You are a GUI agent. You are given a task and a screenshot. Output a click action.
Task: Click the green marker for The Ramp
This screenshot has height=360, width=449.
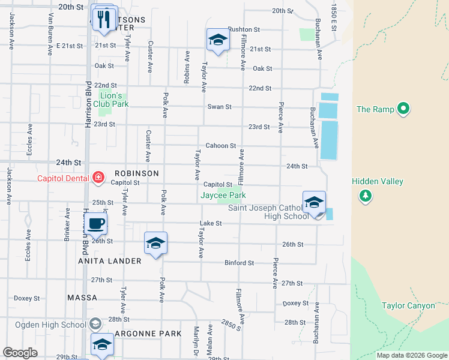(403, 109)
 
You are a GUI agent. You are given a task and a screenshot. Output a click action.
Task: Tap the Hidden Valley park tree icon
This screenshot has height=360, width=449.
(364, 196)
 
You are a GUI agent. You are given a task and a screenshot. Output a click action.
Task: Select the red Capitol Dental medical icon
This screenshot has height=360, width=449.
(98, 178)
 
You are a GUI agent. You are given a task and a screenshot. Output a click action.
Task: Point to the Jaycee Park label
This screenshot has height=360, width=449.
(223, 195)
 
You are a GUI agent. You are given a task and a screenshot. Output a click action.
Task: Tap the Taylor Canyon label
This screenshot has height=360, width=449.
(408, 306)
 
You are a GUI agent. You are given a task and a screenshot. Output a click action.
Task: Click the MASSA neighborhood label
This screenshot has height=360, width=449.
(82, 298)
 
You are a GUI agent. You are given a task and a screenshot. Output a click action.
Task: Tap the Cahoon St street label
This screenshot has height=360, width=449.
(220, 146)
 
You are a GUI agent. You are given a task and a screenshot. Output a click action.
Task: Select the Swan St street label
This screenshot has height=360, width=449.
(219, 107)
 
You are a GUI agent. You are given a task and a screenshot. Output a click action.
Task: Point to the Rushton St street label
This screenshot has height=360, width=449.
(244, 29)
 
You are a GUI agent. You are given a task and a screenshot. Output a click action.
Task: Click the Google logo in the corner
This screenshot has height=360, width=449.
(20, 353)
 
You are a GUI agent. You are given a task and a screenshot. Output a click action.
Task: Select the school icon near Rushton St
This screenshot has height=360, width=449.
(217, 40)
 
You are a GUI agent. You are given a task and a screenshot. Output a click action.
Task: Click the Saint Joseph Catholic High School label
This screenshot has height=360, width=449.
(268, 212)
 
